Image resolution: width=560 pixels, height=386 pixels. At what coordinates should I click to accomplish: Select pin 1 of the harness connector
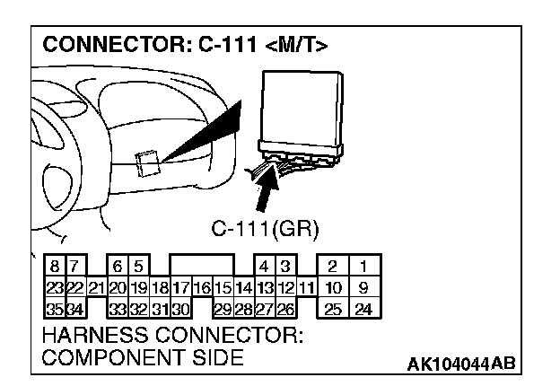coord(363,267)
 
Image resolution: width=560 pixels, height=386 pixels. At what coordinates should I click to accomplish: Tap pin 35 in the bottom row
coord(53,310)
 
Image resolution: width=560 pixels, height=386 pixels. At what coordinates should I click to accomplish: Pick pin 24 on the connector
coord(363,310)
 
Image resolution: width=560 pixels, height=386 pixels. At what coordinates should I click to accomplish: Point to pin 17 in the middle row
coord(179,288)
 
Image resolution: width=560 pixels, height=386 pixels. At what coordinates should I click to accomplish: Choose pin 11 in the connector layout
coord(306,288)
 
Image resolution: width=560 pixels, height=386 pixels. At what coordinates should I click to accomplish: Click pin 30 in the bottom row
coord(179,310)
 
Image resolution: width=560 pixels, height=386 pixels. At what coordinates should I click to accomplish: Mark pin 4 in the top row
coord(264,267)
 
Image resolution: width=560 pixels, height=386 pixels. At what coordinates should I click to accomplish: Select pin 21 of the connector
coord(95,288)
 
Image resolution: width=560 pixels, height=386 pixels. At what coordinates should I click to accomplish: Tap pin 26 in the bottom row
coord(284,310)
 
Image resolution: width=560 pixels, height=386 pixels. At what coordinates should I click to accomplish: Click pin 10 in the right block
coord(333,288)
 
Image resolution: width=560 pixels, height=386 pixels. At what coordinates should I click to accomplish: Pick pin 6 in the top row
coord(117,267)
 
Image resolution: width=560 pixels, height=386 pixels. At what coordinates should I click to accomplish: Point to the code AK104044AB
coord(461,364)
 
